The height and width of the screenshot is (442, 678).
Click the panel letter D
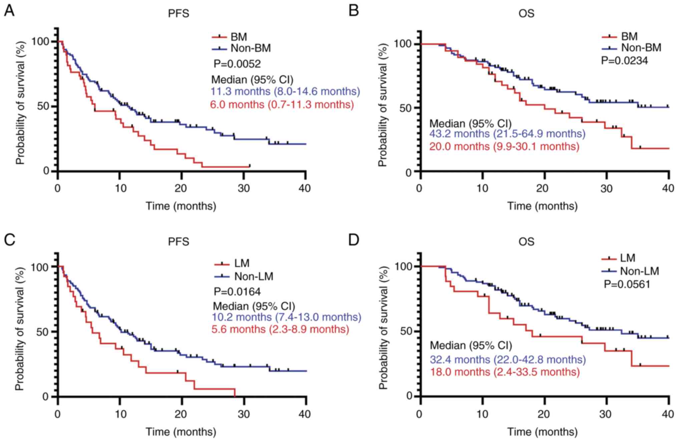353,240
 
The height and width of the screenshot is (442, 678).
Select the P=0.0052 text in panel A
237,63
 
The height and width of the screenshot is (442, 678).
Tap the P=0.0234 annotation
624,60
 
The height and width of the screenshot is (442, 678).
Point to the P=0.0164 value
237,291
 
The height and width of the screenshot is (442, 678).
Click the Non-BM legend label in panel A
251,48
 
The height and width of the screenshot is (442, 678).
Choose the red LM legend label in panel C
242,263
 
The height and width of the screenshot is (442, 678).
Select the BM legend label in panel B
629,36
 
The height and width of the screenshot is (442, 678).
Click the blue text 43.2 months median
507,134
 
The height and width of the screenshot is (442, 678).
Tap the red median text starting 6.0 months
282,105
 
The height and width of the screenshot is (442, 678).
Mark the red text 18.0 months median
504,372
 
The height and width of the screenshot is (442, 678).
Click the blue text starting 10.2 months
287,317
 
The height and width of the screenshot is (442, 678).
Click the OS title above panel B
526,13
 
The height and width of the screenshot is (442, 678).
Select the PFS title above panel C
179,241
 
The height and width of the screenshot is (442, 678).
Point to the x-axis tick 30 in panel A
244,188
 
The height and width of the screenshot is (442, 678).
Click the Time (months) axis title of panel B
542,206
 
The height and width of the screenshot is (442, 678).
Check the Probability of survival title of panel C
20,329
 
